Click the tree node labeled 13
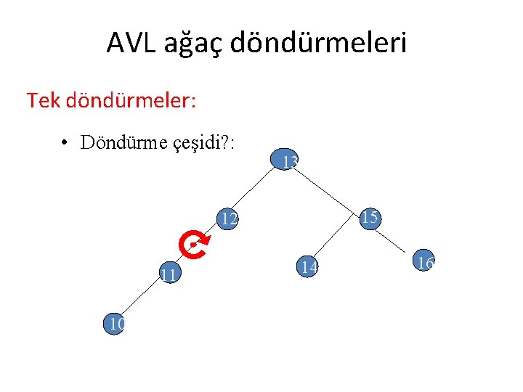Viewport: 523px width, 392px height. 284,162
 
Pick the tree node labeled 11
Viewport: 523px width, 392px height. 170,274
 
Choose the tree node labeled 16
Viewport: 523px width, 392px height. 423,262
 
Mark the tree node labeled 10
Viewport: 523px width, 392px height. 114,324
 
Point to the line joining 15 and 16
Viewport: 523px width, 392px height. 397,240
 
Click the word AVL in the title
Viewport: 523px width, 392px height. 130,43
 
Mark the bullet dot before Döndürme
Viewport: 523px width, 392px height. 65,142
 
